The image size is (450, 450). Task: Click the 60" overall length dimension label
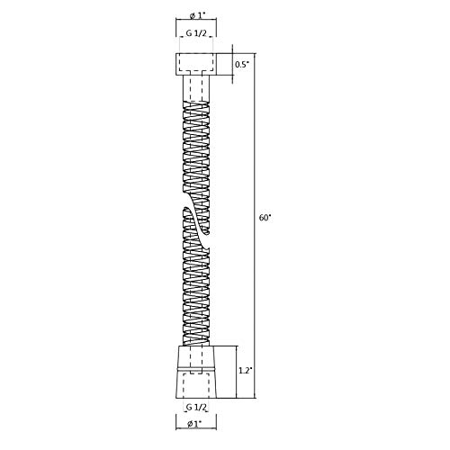click(265, 218)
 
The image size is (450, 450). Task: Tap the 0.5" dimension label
click(242, 65)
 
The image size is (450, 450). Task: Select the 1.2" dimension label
click(244, 371)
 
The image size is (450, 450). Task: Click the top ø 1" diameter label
click(196, 16)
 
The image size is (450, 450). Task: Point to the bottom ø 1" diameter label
click(194, 424)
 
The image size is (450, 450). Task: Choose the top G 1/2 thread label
click(196, 33)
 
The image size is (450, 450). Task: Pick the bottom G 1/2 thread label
click(196, 407)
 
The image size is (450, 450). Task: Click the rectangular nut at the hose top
click(196, 64)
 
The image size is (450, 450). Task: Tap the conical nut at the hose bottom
click(196, 372)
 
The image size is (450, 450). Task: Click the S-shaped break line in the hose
click(196, 228)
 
